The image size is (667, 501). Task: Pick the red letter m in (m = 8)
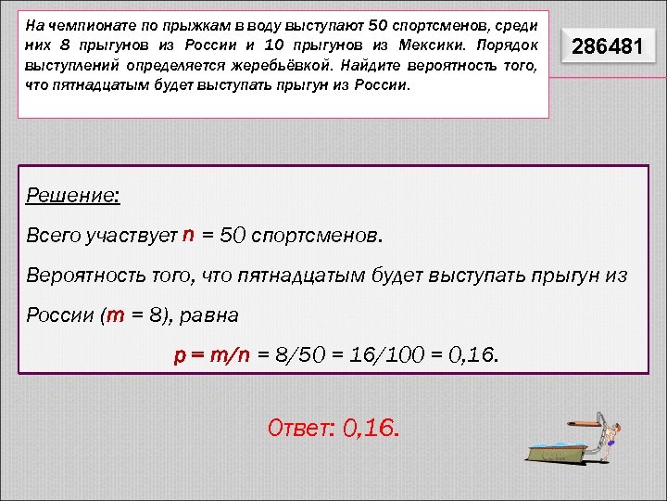(x=117, y=315)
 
